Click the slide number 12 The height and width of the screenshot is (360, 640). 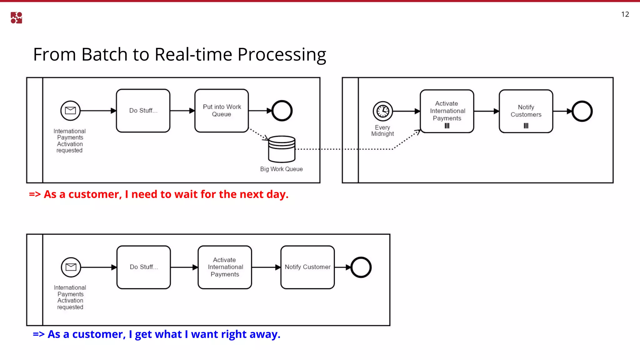click(x=625, y=14)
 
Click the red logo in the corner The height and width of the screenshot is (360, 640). click(x=16, y=18)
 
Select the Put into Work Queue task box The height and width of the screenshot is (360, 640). click(x=222, y=111)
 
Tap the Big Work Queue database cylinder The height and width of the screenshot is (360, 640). click(x=282, y=149)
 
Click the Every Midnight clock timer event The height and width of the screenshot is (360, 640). click(x=382, y=111)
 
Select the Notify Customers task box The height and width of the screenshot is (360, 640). click(x=526, y=111)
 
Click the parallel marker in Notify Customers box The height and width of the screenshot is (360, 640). click(x=526, y=126)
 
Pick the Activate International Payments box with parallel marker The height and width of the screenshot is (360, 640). click(x=447, y=111)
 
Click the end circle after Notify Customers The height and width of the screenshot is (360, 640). click(x=582, y=111)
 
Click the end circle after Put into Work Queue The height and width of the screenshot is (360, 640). click(x=282, y=111)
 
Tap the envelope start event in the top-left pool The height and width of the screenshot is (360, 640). click(x=70, y=111)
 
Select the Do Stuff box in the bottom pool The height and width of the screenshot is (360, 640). click(x=144, y=267)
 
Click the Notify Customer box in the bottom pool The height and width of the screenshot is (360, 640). click(x=307, y=267)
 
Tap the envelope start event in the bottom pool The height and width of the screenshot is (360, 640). click(x=71, y=267)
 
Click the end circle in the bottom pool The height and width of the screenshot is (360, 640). click(x=361, y=267)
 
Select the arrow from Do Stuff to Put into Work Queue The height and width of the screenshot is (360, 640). click(x=182, y=111)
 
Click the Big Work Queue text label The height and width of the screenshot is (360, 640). click(x=281, y=169)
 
